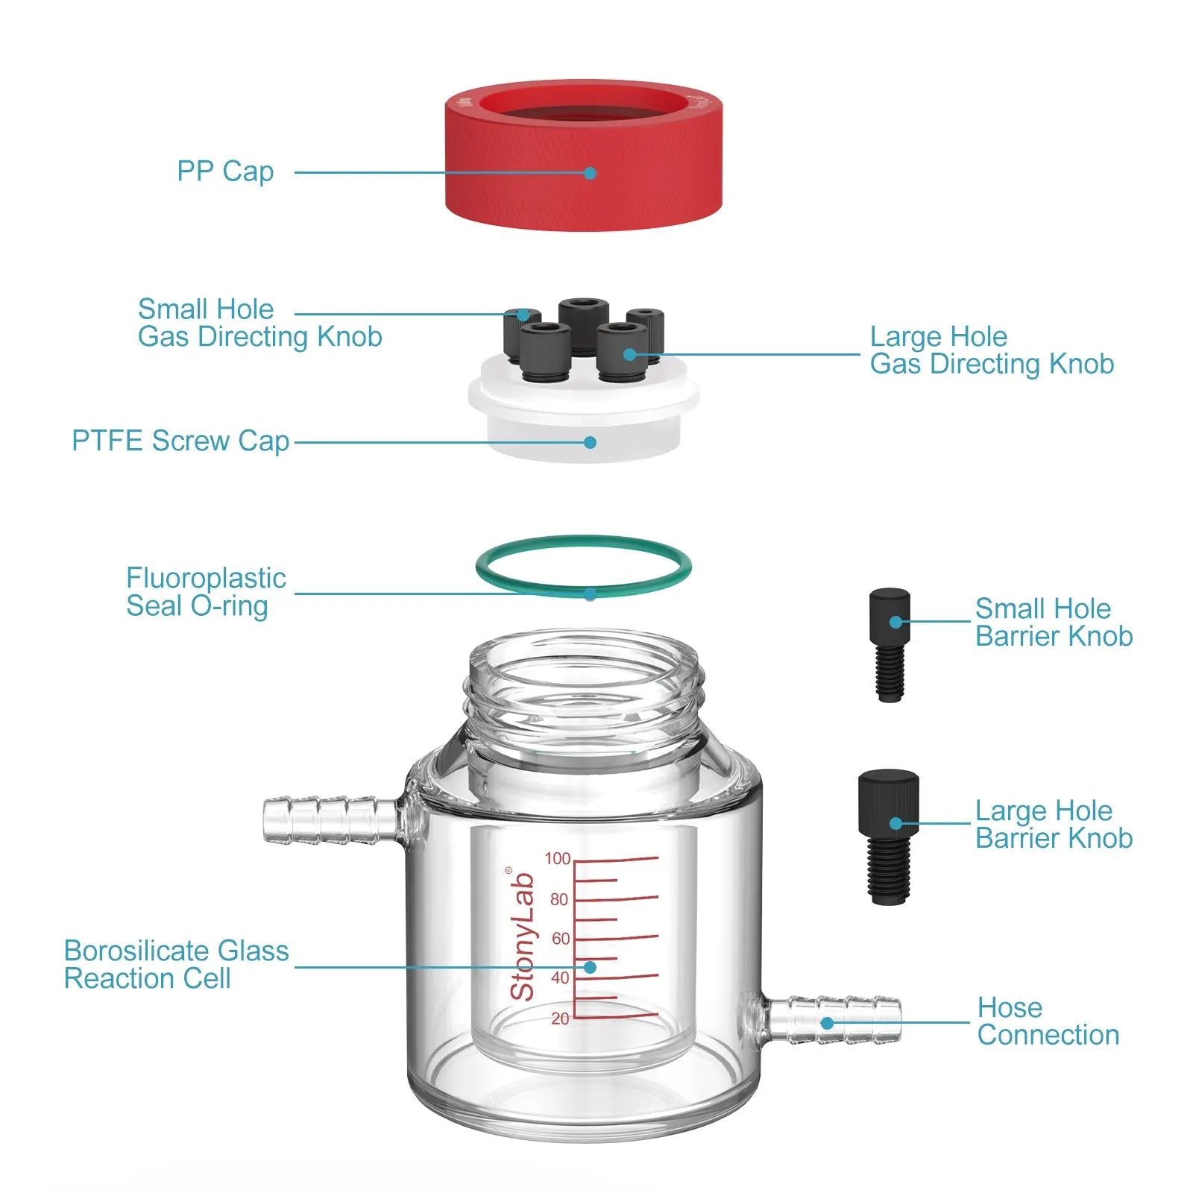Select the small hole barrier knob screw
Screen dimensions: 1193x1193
coord(890,645)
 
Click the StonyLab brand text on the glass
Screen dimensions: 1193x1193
coord(523,935)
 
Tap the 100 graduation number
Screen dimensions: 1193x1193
coord(557,858)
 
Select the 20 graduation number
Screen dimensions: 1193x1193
coord(560,1018)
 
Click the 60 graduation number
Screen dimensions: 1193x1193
coord(560,939)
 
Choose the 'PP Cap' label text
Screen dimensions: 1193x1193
coord(225,171)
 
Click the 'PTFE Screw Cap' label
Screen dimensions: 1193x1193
coord(180,441)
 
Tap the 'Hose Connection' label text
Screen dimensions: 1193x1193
coord(1048,1021)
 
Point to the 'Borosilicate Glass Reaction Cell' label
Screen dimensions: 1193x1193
coord(176,964)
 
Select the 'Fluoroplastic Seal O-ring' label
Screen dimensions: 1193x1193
coord(206,592)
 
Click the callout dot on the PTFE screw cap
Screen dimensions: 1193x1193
coord(590,442)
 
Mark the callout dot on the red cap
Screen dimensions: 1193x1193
coord(590,173)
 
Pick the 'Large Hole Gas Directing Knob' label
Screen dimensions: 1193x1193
coord(992,350)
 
